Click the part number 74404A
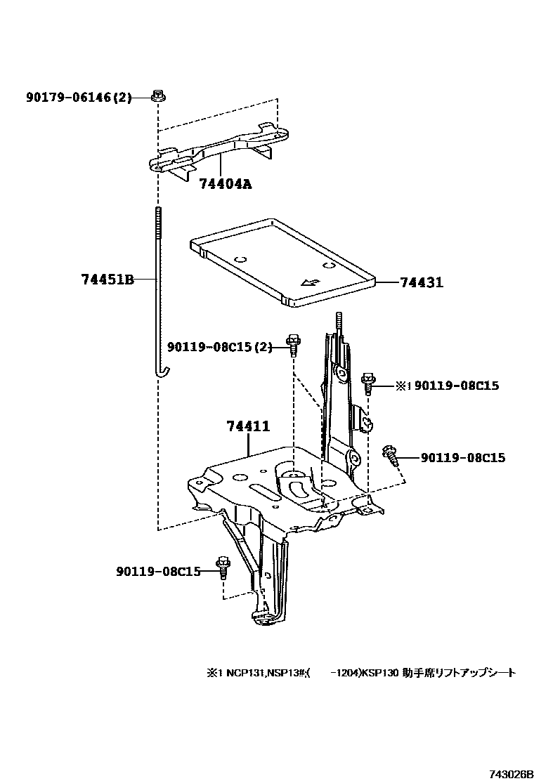(225, 185)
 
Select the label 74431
(422, 282)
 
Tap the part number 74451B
(106, 279)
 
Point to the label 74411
(248, 426)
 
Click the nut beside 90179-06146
(158, 96)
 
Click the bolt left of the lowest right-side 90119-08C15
(391, 455)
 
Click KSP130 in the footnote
(382, 672)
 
